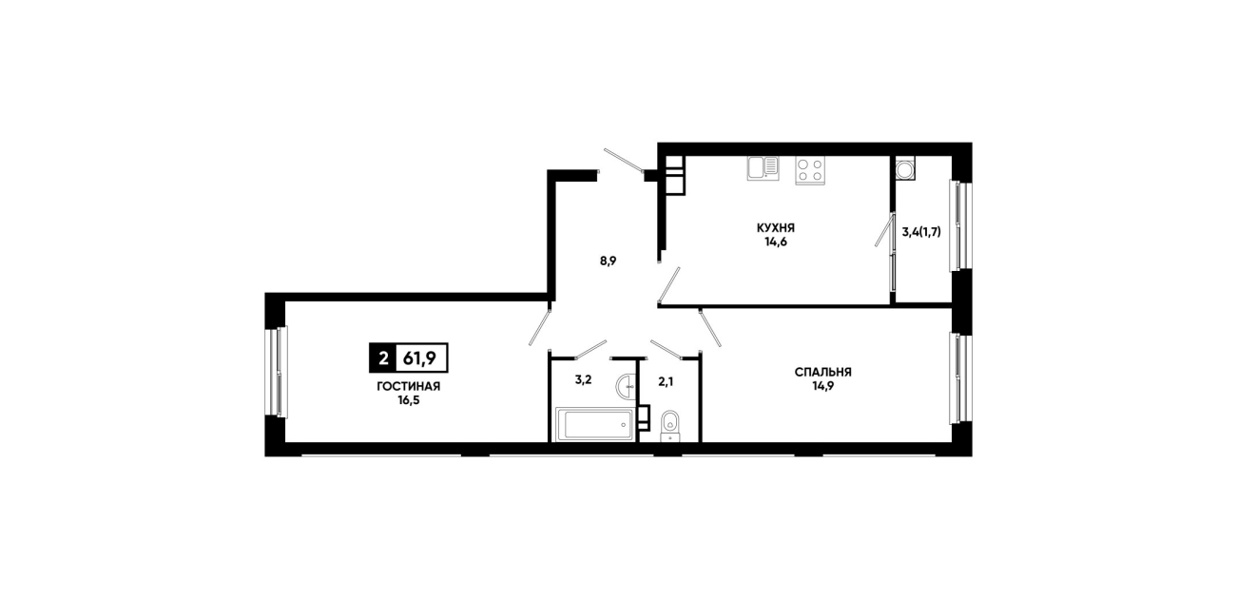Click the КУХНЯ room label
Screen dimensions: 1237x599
click(775, 227)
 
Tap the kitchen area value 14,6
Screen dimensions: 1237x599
click(775, 242)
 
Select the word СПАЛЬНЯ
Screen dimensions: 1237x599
click(822, 372)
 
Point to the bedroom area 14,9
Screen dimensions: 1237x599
click(822, 386)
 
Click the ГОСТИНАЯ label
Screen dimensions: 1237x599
click(409, 386)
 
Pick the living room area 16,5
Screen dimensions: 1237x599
click(409, 400)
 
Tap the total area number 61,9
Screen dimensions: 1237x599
click(419, 358)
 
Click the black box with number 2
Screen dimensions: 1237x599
click(382, 358)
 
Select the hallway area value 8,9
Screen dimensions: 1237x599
click(608, 261)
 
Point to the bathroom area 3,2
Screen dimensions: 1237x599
click(583, 379)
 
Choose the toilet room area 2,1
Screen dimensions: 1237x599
click(666, 381)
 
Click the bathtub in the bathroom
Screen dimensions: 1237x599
click(595, 425)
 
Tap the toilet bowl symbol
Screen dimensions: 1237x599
click(670, 426)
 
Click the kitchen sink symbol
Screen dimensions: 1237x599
click(763, 168)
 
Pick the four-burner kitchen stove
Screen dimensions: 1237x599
click(810, 170)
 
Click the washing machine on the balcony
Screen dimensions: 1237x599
click(905, 168)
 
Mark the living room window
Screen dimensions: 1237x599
click(276, 372)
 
